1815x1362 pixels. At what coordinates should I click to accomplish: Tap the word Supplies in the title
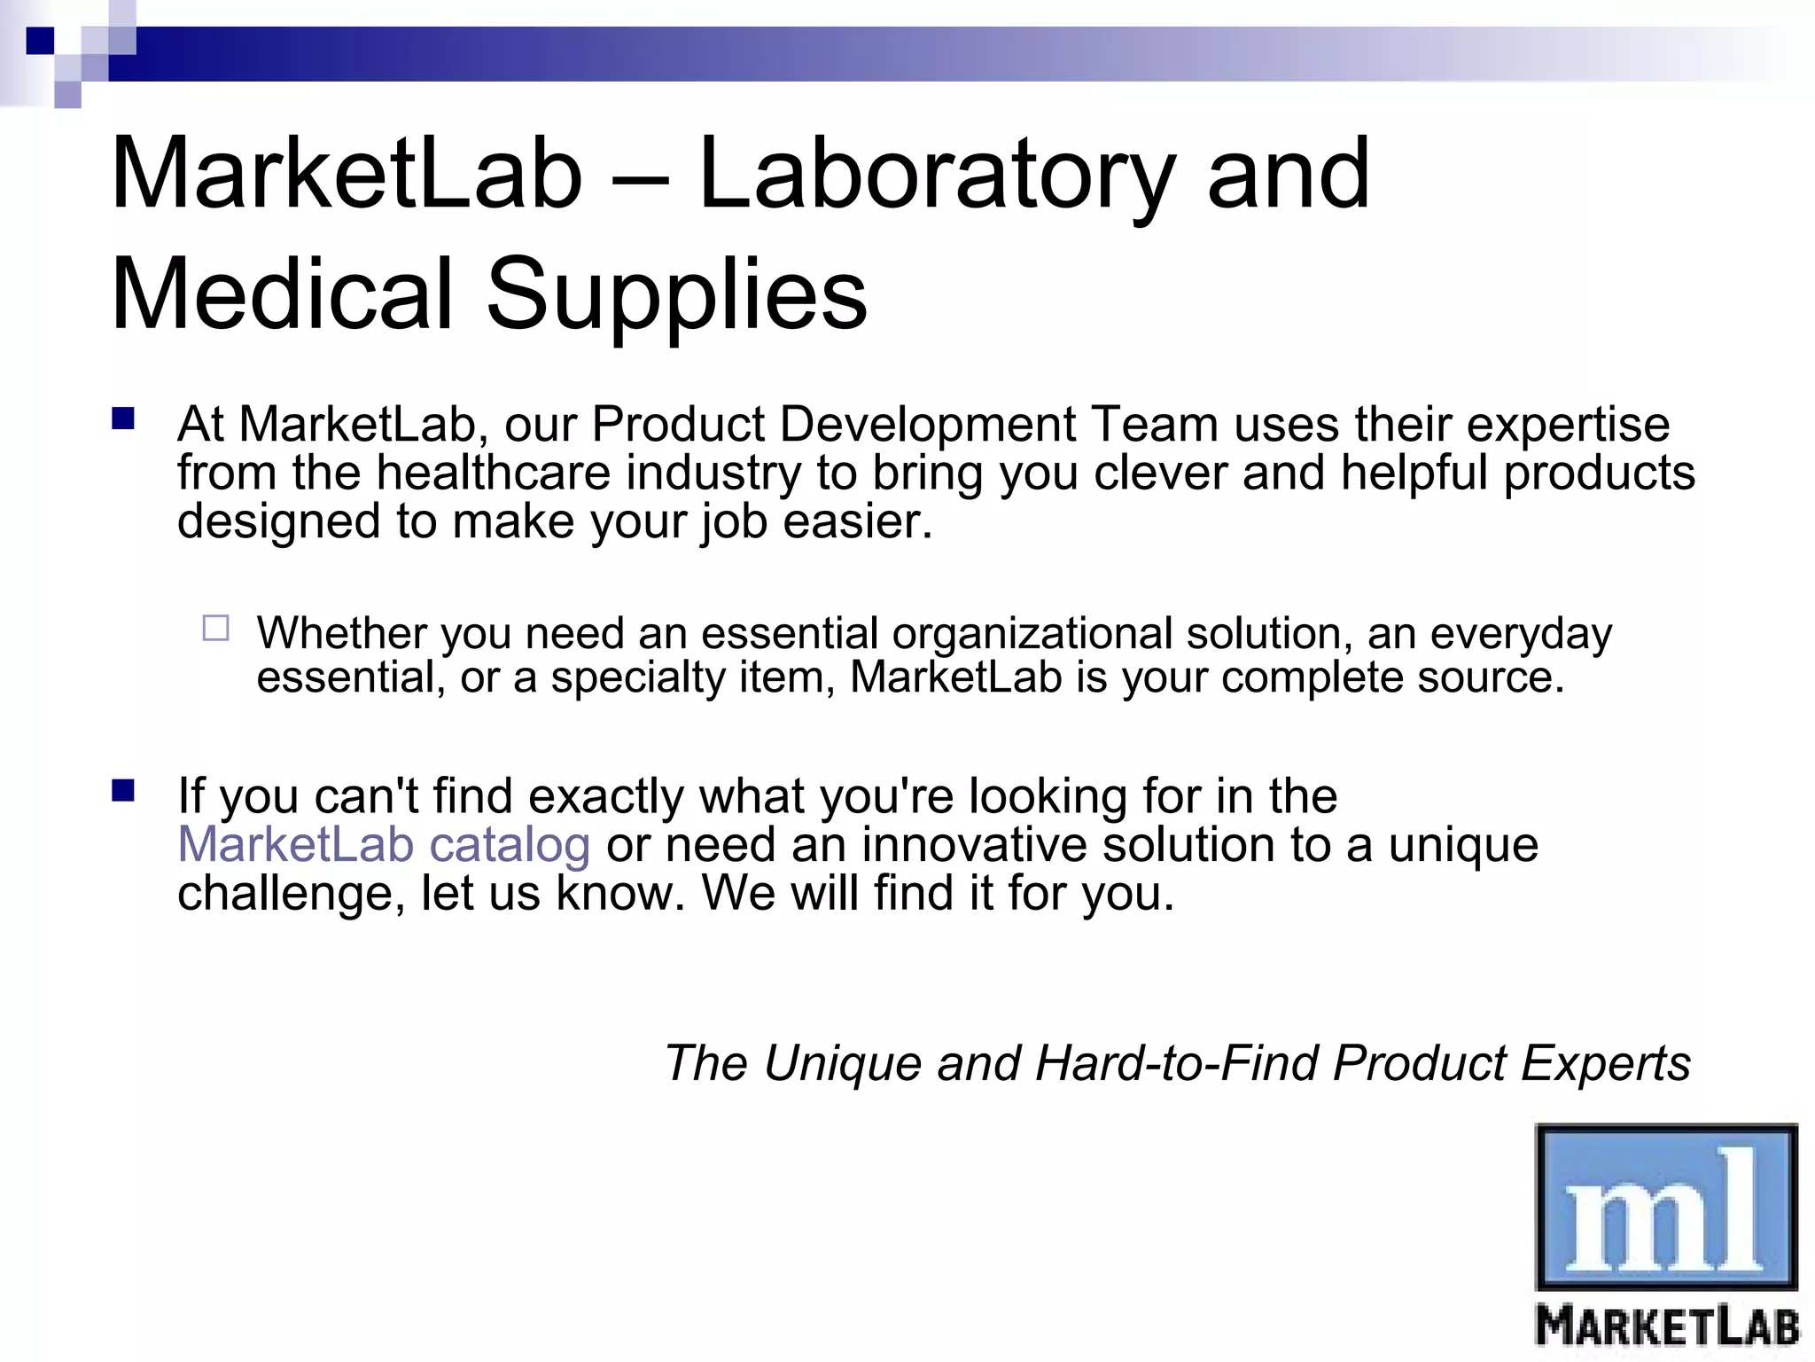(676, 294)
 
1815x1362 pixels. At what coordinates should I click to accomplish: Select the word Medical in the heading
(282, 294)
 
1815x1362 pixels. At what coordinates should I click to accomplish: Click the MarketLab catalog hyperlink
(384, 844)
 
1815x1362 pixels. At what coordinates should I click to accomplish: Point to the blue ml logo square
(1666, 1207)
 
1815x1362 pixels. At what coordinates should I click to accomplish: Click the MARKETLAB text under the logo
(1667, 1327)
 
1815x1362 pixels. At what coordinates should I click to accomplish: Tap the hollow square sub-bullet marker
(215, 629)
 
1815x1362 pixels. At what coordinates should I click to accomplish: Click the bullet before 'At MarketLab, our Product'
(122, 419)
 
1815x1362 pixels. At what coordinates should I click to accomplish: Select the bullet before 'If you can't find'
(122, 790)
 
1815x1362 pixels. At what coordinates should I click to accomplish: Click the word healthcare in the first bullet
(493, 473)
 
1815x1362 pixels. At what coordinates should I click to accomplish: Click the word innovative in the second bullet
(973, 844)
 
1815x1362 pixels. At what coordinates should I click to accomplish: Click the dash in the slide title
(640, 177)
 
